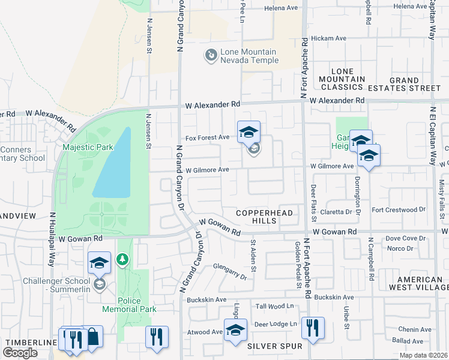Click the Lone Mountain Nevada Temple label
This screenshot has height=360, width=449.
[249, 56]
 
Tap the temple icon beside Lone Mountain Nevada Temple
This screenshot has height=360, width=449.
[211, 56]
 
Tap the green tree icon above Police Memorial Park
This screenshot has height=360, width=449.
[122, 259]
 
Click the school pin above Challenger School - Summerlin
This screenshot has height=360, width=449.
[100, 262]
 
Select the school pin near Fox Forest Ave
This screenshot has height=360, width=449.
[249, 132]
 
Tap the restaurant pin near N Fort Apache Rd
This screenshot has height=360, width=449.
[313, 328]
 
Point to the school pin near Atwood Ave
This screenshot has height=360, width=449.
[235, 329]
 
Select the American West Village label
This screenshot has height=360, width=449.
[420, 283]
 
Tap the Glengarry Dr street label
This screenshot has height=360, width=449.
[230, 272]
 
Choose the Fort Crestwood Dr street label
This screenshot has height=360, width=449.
[398, 210]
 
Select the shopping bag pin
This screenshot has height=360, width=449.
[92, 337]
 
